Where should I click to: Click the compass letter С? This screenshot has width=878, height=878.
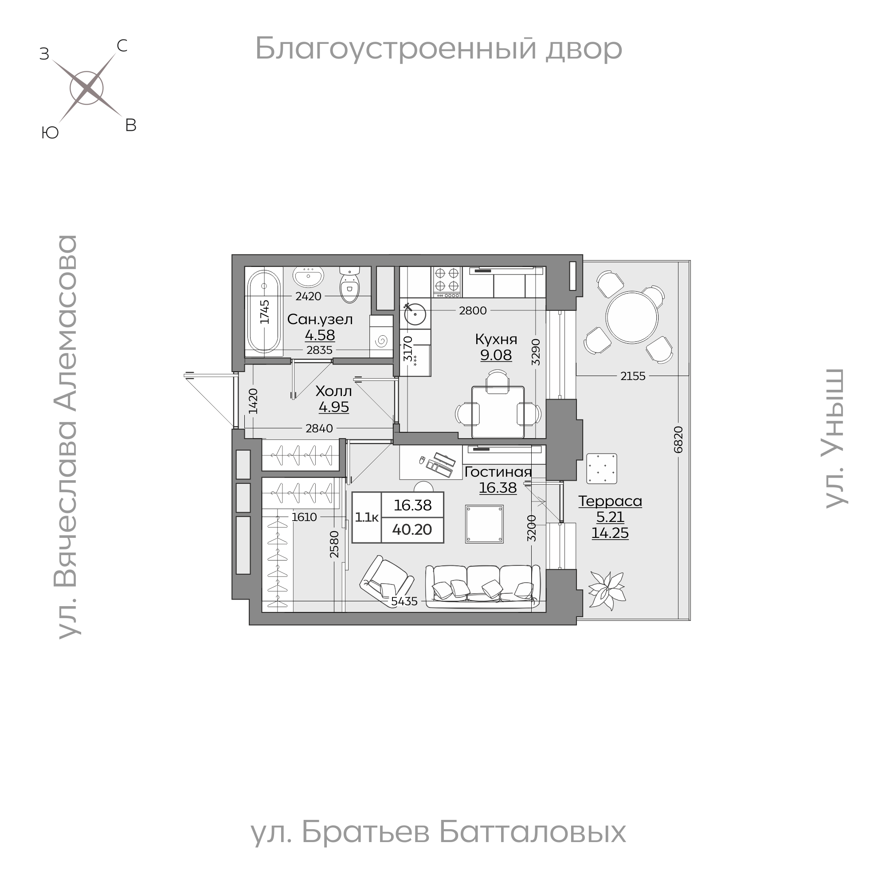click(122, 46)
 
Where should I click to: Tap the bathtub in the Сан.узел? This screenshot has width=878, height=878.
click(264, 312)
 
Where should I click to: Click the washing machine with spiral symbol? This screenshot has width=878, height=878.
click(381, 340)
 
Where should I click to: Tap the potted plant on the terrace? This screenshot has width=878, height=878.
click(606, 590)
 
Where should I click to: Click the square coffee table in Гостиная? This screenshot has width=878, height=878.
click(484, 524)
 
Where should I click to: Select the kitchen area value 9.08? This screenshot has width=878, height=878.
click(496, 355)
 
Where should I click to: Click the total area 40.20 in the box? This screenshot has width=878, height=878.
click(412, 529)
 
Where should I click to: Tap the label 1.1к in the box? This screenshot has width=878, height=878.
click(367, 517)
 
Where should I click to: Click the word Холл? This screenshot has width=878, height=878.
click(333, 391)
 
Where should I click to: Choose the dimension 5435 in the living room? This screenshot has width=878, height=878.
click(404, 601)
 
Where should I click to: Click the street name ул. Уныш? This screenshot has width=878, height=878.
click(835, 438)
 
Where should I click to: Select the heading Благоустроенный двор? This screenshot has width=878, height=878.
click(439, 48)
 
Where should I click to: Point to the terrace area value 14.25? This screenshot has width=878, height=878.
click(610, 533)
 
